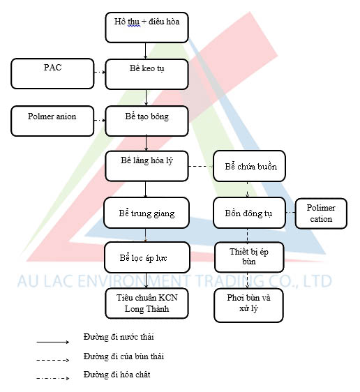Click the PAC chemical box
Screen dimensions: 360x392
(52, 73)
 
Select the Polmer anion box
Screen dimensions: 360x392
(52, 121)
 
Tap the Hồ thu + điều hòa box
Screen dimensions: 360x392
(147, 27)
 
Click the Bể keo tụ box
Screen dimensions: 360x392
(147, 74)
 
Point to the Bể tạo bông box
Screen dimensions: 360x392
(147, 121)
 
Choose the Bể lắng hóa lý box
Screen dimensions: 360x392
(147, 166)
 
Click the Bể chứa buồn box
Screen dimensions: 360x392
(249, 166)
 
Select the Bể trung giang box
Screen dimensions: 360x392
(147, 213)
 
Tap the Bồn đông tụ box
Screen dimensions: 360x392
(249, 213)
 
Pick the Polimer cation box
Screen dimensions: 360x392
(321, 213)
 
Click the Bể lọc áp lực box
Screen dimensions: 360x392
(147, 257)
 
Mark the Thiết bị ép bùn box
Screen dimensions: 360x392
(249, 257)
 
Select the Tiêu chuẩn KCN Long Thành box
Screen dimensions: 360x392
(147, 303)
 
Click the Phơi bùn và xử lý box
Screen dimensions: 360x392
(248, 306)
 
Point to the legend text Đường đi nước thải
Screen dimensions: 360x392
(119, 337)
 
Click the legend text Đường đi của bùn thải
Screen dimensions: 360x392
(123, 356)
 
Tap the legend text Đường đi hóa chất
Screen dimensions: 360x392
(117, 375)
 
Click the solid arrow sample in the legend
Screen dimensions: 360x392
(53, 342)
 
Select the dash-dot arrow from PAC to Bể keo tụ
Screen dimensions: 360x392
(100, 73)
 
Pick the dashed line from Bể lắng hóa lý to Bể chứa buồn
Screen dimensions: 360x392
(201, 166)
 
